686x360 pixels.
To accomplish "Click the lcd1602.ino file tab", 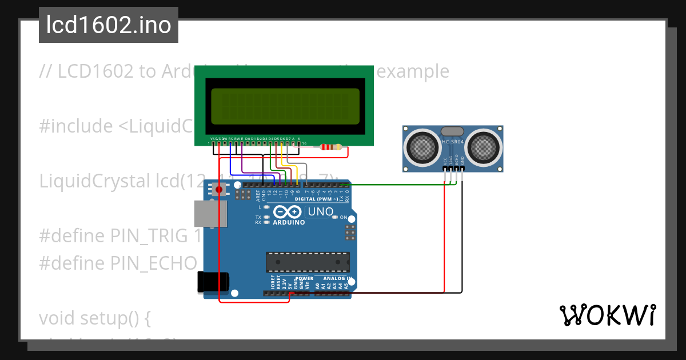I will tap(109, 25).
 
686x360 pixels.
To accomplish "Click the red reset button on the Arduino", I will tap(218, 189).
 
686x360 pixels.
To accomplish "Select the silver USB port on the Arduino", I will tap(210, 213).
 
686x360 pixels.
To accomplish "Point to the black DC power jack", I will tap(213, 282).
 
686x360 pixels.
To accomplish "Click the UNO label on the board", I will tap(320, 212).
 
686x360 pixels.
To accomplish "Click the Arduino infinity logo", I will tap(289, 213).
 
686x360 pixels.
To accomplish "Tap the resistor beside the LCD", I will tap(332, 147).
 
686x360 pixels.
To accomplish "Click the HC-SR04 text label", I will tap(453, 141).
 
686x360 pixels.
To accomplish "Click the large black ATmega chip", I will tap(307, 262).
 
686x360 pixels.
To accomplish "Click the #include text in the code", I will tap(75, 126).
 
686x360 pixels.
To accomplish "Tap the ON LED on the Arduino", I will tap(336, 218).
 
